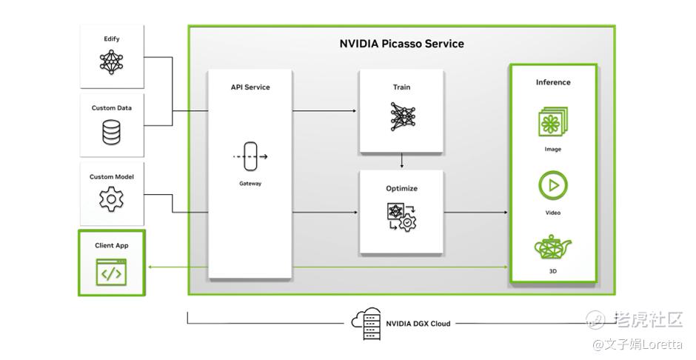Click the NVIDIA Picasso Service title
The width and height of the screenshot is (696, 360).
point(401,44)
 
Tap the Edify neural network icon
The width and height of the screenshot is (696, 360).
point(112,61)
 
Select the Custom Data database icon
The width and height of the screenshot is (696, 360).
point(112,131)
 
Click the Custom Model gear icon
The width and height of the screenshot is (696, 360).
point(112,199)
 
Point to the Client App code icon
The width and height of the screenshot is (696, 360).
point(111,273)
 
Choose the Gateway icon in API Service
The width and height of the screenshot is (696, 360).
point(250,156)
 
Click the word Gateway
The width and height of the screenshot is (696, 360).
point(250,184)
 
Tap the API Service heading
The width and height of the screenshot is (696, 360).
point(250,87)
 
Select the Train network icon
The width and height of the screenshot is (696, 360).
point(401,117)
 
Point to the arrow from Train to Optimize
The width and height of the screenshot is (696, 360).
point(401,161)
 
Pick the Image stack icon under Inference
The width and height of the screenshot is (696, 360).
point(553,121)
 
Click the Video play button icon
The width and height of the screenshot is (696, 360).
point(553,185)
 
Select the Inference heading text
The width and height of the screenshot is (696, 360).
point(553,82)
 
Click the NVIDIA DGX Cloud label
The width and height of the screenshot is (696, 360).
point(418,324)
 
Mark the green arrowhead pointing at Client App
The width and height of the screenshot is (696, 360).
point(150,266)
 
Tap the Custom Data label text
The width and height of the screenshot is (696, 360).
point(112,108)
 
